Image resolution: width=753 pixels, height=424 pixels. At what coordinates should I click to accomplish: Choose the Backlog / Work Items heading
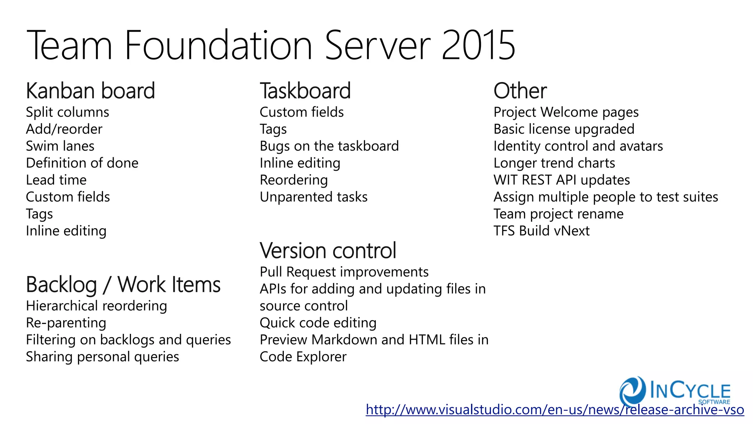pos(123,285)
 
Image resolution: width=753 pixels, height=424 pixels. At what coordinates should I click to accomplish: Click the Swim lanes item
pos(60,146)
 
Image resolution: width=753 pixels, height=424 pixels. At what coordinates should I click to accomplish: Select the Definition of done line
pos(82,163)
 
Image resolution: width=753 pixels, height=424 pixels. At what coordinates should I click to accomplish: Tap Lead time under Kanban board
pos(56,180)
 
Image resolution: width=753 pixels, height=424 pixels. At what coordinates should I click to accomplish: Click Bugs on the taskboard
pos(329,146)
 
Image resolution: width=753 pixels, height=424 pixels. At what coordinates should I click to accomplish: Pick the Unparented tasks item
pos(313,197)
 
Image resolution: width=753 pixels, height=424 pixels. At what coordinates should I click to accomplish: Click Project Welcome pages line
pos(566,112)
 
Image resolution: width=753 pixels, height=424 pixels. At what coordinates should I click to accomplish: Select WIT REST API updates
pos(561,180)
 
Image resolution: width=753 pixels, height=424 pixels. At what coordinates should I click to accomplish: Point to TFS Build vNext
pos(541,231)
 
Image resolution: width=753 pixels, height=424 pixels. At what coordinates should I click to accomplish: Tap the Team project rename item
pos(558,214)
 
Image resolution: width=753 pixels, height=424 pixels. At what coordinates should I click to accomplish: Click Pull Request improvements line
pos(344,272)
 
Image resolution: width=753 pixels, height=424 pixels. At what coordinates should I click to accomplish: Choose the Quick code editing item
pos(318,323)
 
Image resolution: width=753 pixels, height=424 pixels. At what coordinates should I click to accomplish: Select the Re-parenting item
pos(66,323)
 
